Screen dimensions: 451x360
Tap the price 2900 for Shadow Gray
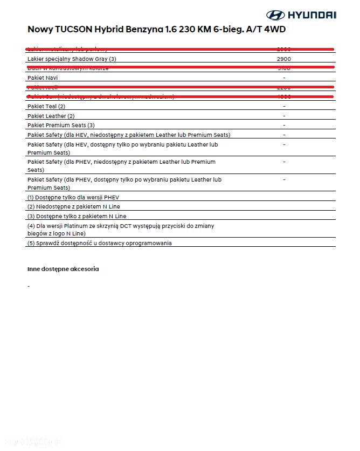(x=284, y=59)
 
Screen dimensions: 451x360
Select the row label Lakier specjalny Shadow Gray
(x=72, y=59)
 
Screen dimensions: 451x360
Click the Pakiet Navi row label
(x=43, y=78)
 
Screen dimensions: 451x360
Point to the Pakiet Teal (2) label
(x=46, y=107)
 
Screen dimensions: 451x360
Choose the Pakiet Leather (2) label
(x=51, y=116)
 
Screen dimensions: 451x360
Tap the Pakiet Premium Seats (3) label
(x=61, y=125)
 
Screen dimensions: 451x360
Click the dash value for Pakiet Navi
(x=284, y=78)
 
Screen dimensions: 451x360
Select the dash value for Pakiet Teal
(x=284, y=107)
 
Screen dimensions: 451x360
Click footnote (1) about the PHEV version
(x=73, y=197)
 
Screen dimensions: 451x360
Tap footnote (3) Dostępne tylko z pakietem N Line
(x=77, y=216)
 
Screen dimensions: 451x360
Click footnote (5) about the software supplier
(x=100, y=243)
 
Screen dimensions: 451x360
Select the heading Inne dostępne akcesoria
(x=63, y=268)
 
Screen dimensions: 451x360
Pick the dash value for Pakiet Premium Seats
(x=284, y=125)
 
